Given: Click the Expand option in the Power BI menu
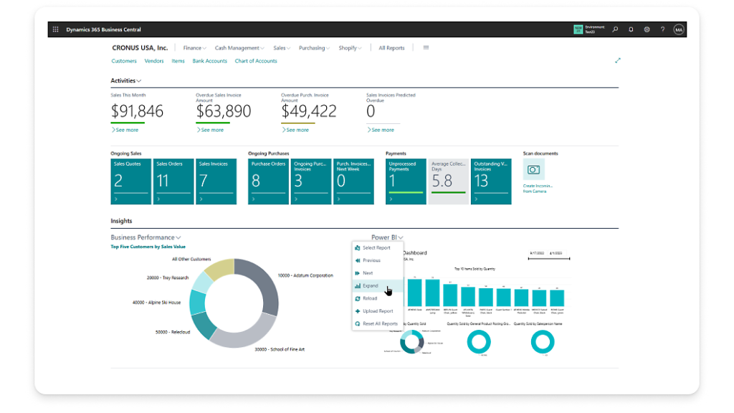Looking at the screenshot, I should tap(371, 285).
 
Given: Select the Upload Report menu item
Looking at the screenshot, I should tap(377, 311).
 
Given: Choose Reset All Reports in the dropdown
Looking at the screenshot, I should tap(379, 323).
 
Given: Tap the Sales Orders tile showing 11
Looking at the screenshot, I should tap(173, 181).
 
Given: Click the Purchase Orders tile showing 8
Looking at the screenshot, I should tap(268, 181).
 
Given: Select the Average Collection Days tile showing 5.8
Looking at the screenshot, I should tap(448, 181).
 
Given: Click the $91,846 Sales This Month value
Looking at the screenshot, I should tap(137, 111).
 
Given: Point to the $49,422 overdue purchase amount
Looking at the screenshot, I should tap(308, 111).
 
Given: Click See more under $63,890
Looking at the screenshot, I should tap(211, 130).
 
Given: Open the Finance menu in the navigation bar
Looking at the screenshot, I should tap(192, 48).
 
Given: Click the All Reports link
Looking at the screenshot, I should tap(391, 48).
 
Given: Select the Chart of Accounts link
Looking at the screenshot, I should tap(256, 61).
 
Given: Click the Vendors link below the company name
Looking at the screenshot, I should tap(154, 61).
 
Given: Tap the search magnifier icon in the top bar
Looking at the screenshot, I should tap(615, 29).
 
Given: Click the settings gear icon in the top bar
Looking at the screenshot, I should tap(647, 29).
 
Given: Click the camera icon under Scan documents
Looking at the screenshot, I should tap(533, 169).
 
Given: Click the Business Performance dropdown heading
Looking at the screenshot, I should tap(146, 237).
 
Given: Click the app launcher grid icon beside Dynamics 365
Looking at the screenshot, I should tap(56, 29).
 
